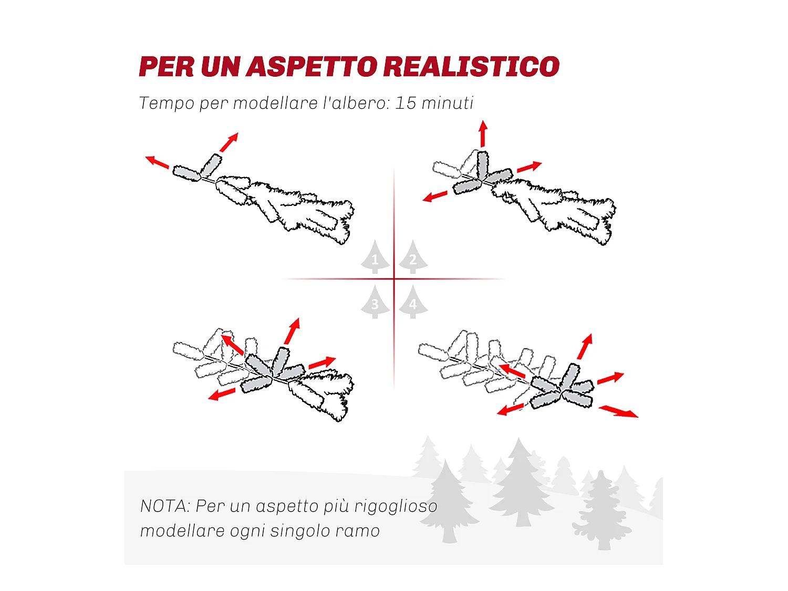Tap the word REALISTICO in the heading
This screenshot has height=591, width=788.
471,67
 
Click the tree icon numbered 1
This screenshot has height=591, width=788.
375,258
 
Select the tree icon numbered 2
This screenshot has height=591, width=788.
413,258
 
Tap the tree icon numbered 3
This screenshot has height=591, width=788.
375,303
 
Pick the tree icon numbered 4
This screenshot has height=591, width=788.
413,303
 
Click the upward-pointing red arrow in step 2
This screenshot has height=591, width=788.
483,133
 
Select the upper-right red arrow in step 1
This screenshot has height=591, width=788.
229,142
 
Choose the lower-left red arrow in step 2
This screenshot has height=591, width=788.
435,197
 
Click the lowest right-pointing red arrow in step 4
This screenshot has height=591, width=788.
619,411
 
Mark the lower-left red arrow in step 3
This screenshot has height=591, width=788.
221,395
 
